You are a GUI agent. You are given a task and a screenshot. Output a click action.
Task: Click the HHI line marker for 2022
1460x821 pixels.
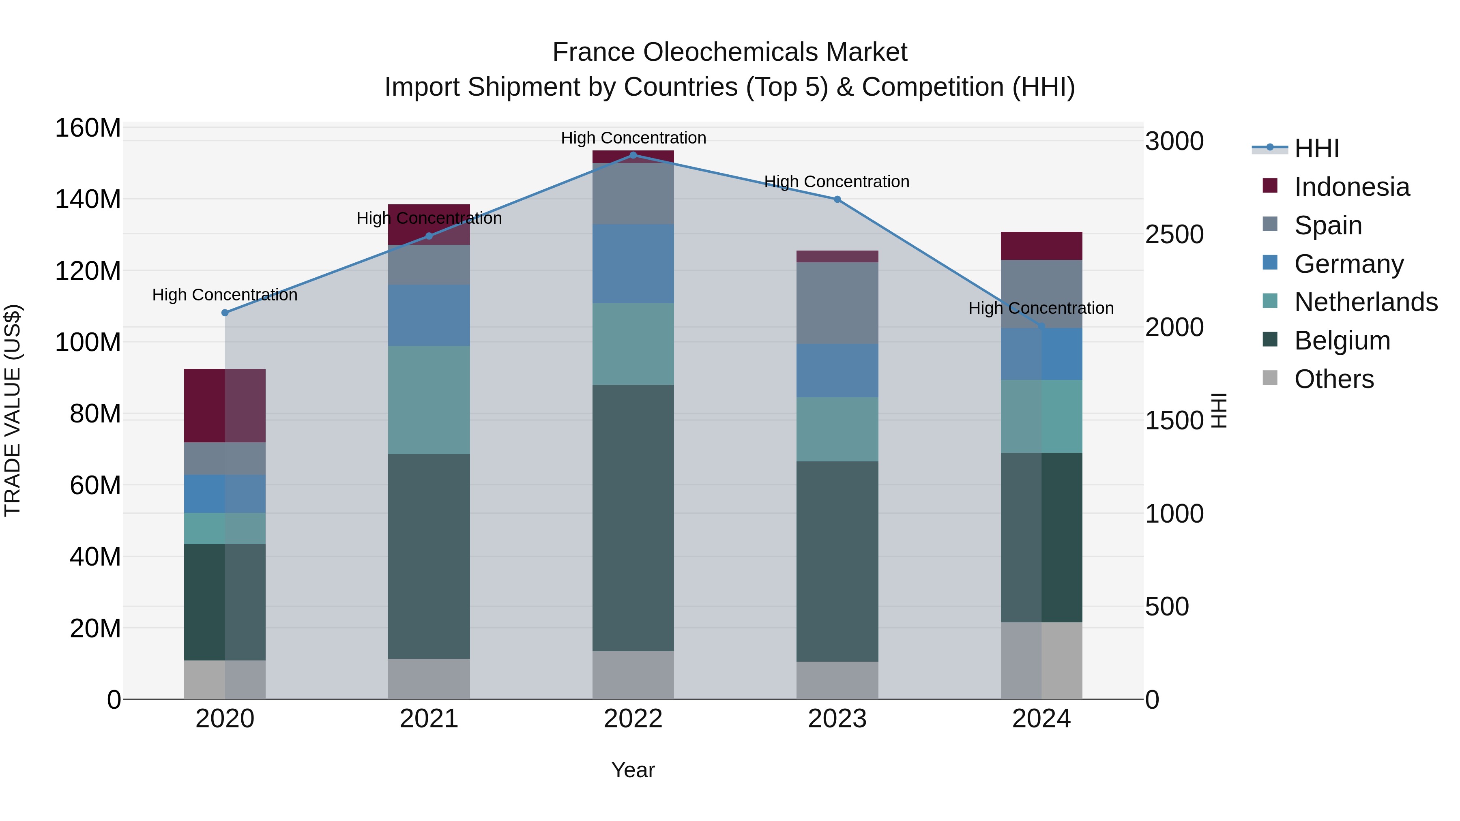point(633,155)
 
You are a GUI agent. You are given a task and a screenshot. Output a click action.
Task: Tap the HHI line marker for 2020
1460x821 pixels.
point(225,313)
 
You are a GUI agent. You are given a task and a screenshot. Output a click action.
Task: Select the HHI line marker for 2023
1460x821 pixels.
point(837,199)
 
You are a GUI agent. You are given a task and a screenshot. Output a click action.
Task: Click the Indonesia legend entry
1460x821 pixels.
point(1352,187)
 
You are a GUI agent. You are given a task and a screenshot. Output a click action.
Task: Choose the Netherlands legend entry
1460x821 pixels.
point(1366,302)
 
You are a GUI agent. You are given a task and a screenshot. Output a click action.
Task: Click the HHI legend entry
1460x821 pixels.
point(1316,148)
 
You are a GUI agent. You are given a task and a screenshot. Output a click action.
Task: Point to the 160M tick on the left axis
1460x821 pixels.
point(88,128)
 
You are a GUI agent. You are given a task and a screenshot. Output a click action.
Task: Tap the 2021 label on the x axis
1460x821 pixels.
point(429,719)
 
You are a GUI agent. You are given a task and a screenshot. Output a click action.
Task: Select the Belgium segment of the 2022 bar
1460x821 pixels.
point(633,517)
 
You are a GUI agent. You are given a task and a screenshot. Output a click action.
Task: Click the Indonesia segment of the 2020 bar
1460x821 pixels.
point(225,406)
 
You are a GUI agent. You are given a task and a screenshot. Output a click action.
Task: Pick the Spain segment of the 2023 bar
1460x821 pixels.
point(837,303)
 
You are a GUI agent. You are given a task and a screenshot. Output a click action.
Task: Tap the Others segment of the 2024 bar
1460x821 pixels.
point(1041,661)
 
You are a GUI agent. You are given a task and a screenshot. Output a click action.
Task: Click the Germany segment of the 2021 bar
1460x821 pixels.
point(429,315)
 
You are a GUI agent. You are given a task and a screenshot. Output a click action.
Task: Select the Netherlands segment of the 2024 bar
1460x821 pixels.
point(1041,416)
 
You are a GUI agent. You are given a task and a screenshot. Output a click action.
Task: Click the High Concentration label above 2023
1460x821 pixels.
point(837,182)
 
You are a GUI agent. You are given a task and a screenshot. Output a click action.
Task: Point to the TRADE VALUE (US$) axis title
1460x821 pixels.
point(13,410)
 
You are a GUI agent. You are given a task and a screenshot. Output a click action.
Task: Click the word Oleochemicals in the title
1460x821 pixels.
point(730,52)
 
